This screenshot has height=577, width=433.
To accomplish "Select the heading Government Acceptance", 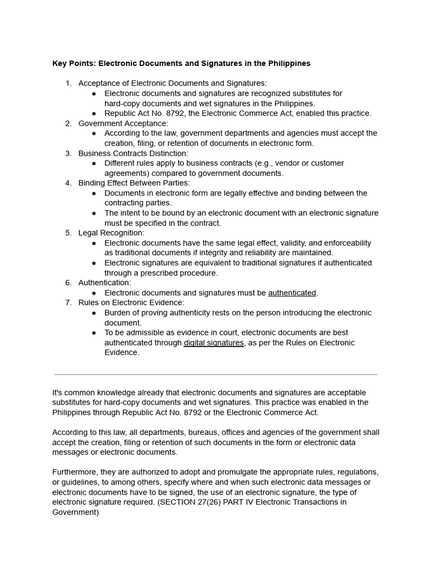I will click(x=123, y=123).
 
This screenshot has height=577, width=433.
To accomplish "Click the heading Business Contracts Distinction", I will click(x=133, y=153).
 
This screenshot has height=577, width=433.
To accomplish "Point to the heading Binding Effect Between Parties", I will click(x=134, y=183).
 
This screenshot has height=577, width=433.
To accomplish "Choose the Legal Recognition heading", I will click(x=111, y=233).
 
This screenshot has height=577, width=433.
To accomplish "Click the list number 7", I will click(x=68, y=303).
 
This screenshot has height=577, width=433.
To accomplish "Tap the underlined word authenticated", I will click(x=292, y=292).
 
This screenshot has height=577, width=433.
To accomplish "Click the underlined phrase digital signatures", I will click(x=214, y=343).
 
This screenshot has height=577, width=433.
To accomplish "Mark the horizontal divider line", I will click(x=216, y=374).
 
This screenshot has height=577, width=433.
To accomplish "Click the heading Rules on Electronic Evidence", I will click(x=131, y=303).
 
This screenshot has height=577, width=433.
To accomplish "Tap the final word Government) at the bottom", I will click(x=76, y=512).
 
